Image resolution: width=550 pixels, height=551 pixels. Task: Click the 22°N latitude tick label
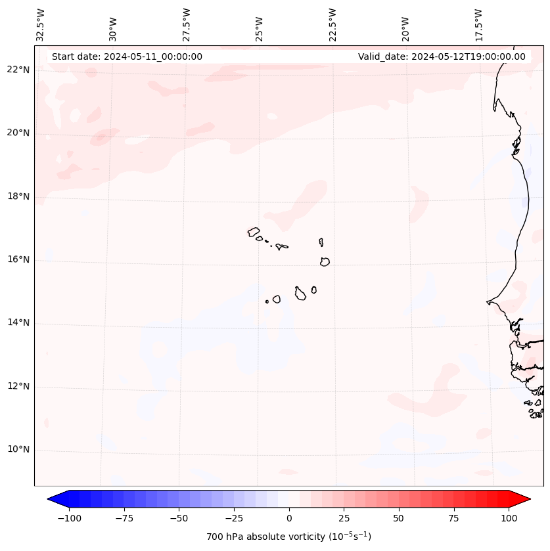click(x=18, y=70)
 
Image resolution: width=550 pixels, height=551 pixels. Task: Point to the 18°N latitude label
click(x=18, y=196)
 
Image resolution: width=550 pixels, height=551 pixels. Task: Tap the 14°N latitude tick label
click(x=18, y=323)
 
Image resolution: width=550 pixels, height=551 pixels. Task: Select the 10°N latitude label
click(x=18, y=450)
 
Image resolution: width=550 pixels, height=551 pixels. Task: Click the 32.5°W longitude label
click(x=41, y=25)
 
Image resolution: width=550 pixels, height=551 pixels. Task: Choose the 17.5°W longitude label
click(x=478, y=25)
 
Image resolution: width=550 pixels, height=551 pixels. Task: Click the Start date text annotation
click(x=127, y=56)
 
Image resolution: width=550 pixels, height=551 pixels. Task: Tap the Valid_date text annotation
click(x=442, y=56)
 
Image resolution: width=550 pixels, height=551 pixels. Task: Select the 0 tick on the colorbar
click(x=289, y=518)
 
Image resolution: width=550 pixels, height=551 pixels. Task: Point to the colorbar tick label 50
click(x=399, y=518)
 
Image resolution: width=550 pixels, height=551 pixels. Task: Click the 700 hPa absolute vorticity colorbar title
click(x=289, y=537)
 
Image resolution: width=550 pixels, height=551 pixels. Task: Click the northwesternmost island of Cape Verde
click(x=254, y=231)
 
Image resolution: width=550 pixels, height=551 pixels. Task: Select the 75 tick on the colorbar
click(x=454, y=518)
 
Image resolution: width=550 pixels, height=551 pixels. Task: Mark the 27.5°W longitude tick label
click(x=187, y=25)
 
